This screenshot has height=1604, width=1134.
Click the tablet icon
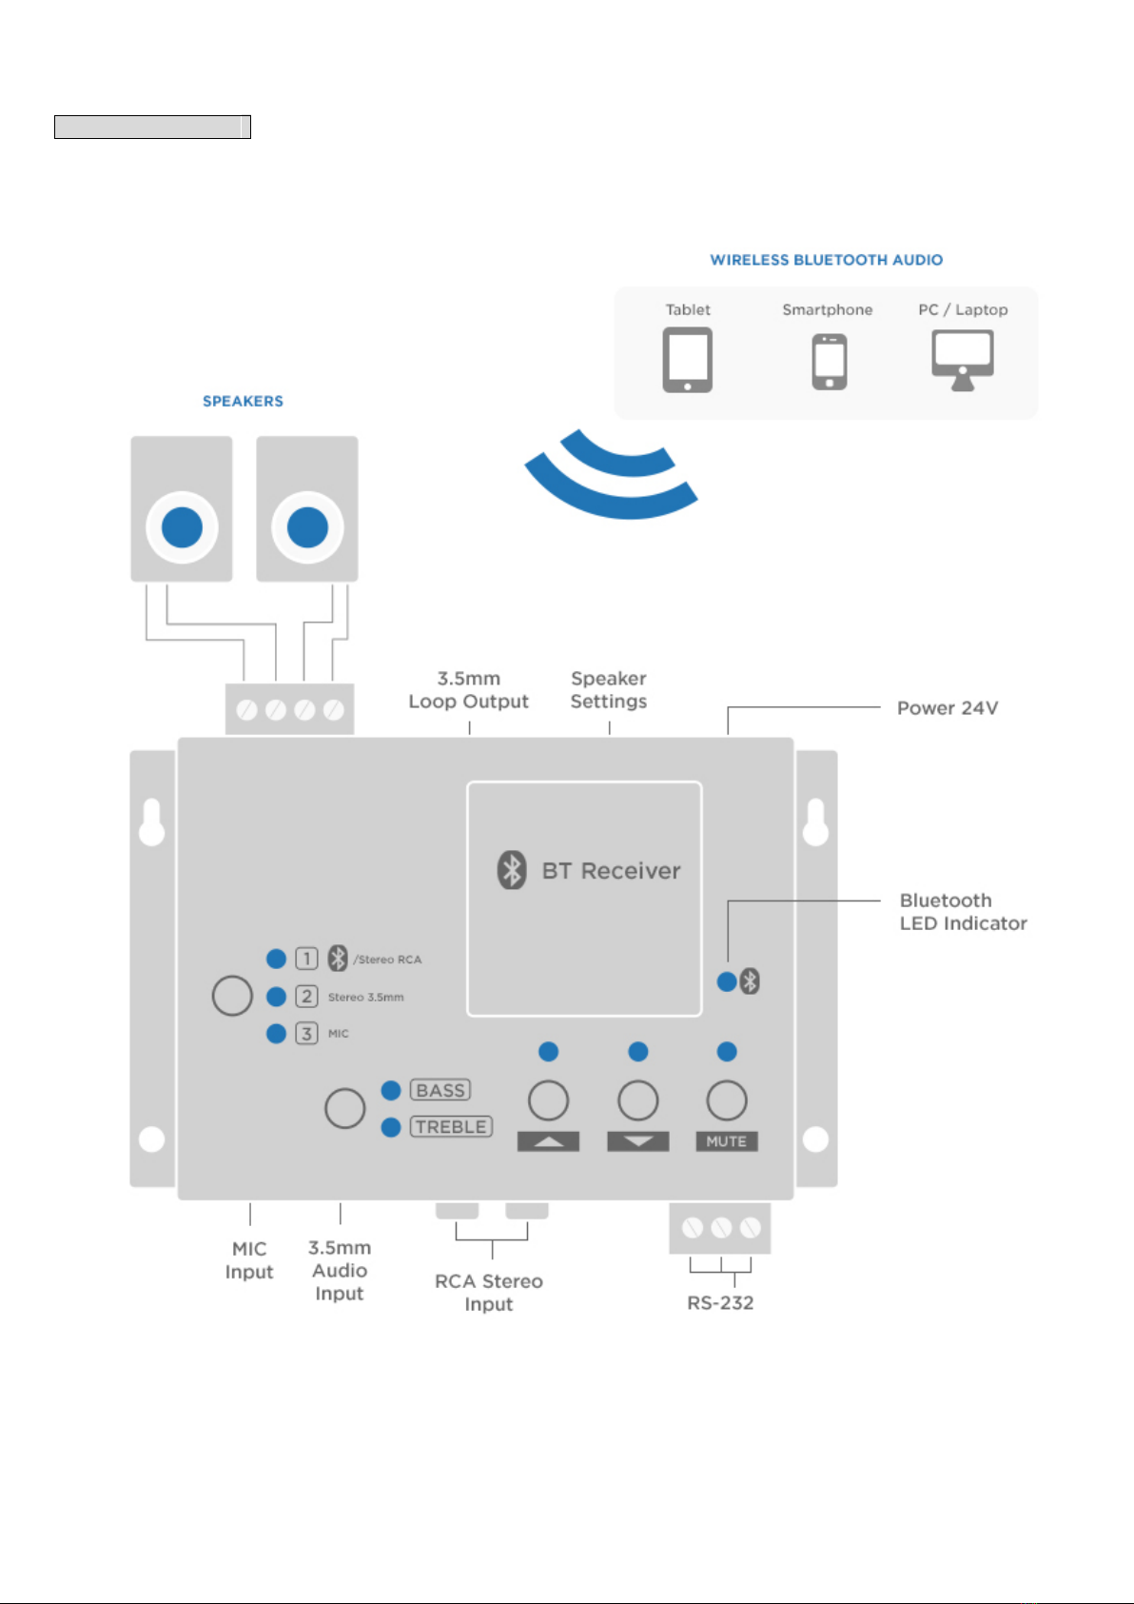tap(687, 360)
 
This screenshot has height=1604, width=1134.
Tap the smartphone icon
tap(830, 362)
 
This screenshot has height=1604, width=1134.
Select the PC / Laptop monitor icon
tap(963, 360)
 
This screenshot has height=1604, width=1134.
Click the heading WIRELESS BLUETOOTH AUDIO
tap(826, 260)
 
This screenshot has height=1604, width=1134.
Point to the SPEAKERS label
tap(243, 401)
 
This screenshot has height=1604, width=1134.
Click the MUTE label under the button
tap(726, 1141)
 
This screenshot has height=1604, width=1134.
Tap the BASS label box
tap(440, 1090)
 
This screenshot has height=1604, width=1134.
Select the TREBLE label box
tap(451, 1126)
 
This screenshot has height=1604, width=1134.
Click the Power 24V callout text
tap(948, 708)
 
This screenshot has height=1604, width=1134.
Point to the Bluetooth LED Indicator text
tap(963, 912)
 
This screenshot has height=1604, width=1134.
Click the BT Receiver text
tap(611, 871)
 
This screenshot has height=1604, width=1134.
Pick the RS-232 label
tap(720, 1302)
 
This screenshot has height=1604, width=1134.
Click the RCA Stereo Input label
tap(489, 1293)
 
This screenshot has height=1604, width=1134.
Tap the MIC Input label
tap(249, 1260)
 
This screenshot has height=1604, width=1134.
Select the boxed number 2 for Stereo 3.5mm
tap(306, 996)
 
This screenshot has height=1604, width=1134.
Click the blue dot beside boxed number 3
tap(276, 1033)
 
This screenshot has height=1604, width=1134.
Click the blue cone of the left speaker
tap(182, 527)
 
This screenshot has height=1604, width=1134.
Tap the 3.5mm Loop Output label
tap(469, 689)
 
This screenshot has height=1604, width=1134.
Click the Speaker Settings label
tap(609, 689)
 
